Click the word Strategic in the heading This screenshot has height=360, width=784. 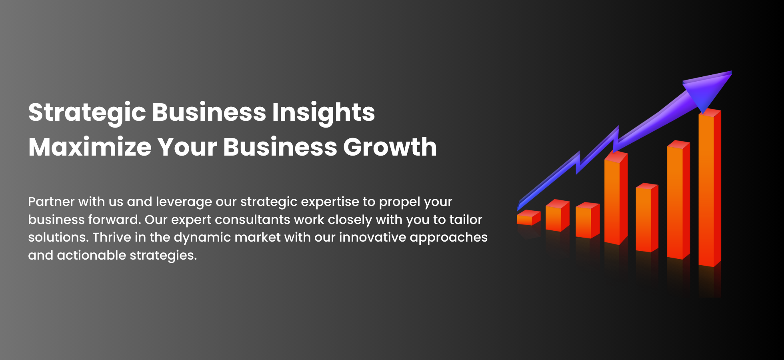tap(87, 113)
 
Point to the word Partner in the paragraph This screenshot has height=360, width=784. tap(51, 202)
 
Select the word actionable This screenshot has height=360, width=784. tap(92, 255)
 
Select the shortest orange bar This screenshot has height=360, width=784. tap(528, 218)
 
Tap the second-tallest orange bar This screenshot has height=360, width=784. tap(678, 200)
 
